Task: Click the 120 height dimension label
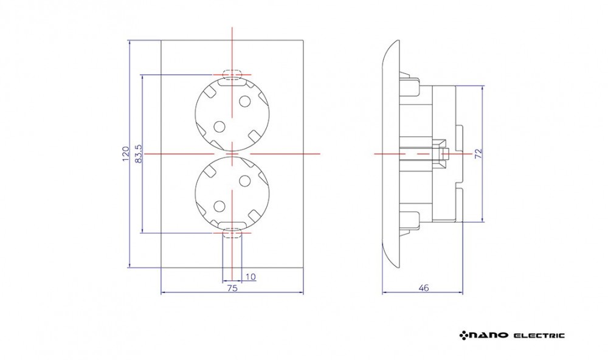pyautogui.click(x=125, y=154)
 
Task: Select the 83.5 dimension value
pyautogui.click(x=139, y=154)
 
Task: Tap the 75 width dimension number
pyautogui.click(x=232, y=288)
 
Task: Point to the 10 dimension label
pyautogui.click(x=250, y=277)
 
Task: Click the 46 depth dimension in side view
pyautogui.click(x=424, y=288)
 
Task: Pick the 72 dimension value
pyautogui.click(x=478, y=153)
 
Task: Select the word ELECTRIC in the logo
pyautogui.click(x=539, y=335)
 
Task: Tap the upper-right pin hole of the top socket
pyautogui.click(x=244, y=101)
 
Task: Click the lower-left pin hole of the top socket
pyautogui.click(x=219, y=126)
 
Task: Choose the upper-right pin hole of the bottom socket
pyautogui.click(x=244, y=181)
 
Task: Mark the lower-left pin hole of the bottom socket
pyautogui.click(x=219, y=206)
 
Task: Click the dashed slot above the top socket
pyautogui.click(x=232, y=74)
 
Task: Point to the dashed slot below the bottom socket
pyautogui.click(x=232, y=234)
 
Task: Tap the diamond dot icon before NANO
pyautogui.click(x=464, y=335)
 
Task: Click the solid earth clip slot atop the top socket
pyautogui.click(x=232, y=82)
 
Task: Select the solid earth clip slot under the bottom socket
pyautogui.click(x=232, y=226)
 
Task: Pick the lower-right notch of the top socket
pyautogui.click(x=255, y=137)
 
